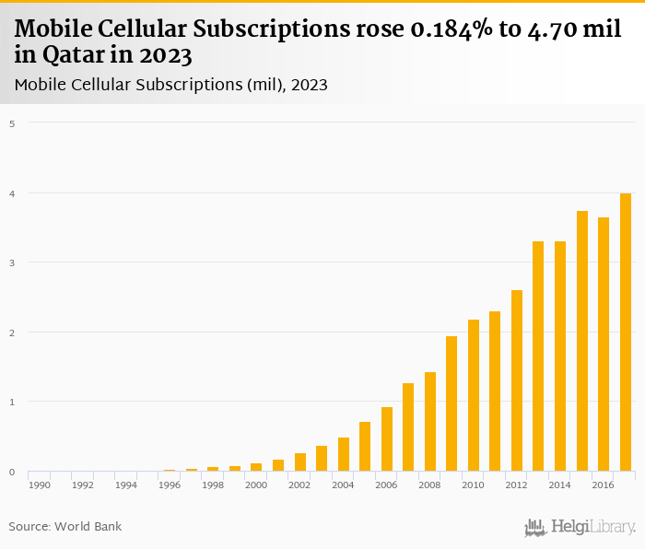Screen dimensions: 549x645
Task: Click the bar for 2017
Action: coord(626,333)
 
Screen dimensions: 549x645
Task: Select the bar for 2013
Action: coord(538,356)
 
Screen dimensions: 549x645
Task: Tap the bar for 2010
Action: coord(474,395)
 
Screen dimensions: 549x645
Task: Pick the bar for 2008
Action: coord(430,422)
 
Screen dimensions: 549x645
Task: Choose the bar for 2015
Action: coord(582,341)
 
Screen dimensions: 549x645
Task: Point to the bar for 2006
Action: coord(387,439)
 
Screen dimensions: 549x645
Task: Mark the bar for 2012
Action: coord(517,380)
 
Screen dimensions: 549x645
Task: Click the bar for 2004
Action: coord(344,454)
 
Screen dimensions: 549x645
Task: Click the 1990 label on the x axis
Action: coord(39,485)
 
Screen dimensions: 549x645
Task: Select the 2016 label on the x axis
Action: coord(604,485)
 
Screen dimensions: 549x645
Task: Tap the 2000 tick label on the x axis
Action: coord(256,485)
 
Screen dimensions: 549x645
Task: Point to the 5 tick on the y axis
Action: coord(11,123)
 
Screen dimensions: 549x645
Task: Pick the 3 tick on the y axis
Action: coord(11,263)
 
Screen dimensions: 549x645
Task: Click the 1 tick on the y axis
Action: coord(11,402)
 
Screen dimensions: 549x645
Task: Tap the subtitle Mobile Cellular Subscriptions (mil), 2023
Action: coord(171,85)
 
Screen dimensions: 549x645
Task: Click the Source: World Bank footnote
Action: coord(65,527)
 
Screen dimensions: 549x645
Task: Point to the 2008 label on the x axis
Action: coord(430,485)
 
